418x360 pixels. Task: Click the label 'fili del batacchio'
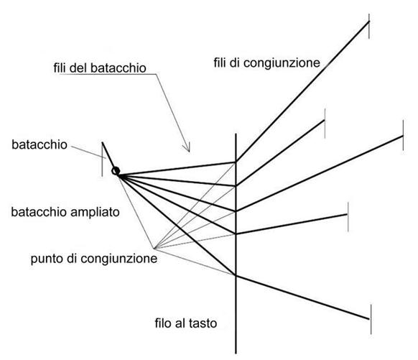[x=100, y=68]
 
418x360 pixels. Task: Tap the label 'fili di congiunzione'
[x=266, y=63]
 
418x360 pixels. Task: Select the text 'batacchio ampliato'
[x=65, y=212]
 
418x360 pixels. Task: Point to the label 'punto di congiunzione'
[x=94, y=259]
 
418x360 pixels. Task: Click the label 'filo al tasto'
[x=186, y=323]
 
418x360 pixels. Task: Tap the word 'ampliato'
[x=96, y=213]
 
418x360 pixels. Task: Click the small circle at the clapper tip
[x=116, y=171]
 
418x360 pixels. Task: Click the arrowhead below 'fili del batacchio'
[x=186, y=147]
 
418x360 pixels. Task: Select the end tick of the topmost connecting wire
[x=369, y=26]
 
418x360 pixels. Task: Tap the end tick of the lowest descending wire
[x=371, y=319]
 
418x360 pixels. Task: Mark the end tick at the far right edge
[x=403, y=135]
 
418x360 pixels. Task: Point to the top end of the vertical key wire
[x=236, y=134]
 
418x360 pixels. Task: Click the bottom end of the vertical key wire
[x=236, y=354]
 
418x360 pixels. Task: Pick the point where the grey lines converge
[x=154, y=249]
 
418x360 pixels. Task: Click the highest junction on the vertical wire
[x=236, y=162]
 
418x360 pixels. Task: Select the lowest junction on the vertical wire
[x=236, y=275]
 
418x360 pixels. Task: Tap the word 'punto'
[x=47, y=259]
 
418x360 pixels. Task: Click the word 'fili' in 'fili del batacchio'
[x=60, y=68]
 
